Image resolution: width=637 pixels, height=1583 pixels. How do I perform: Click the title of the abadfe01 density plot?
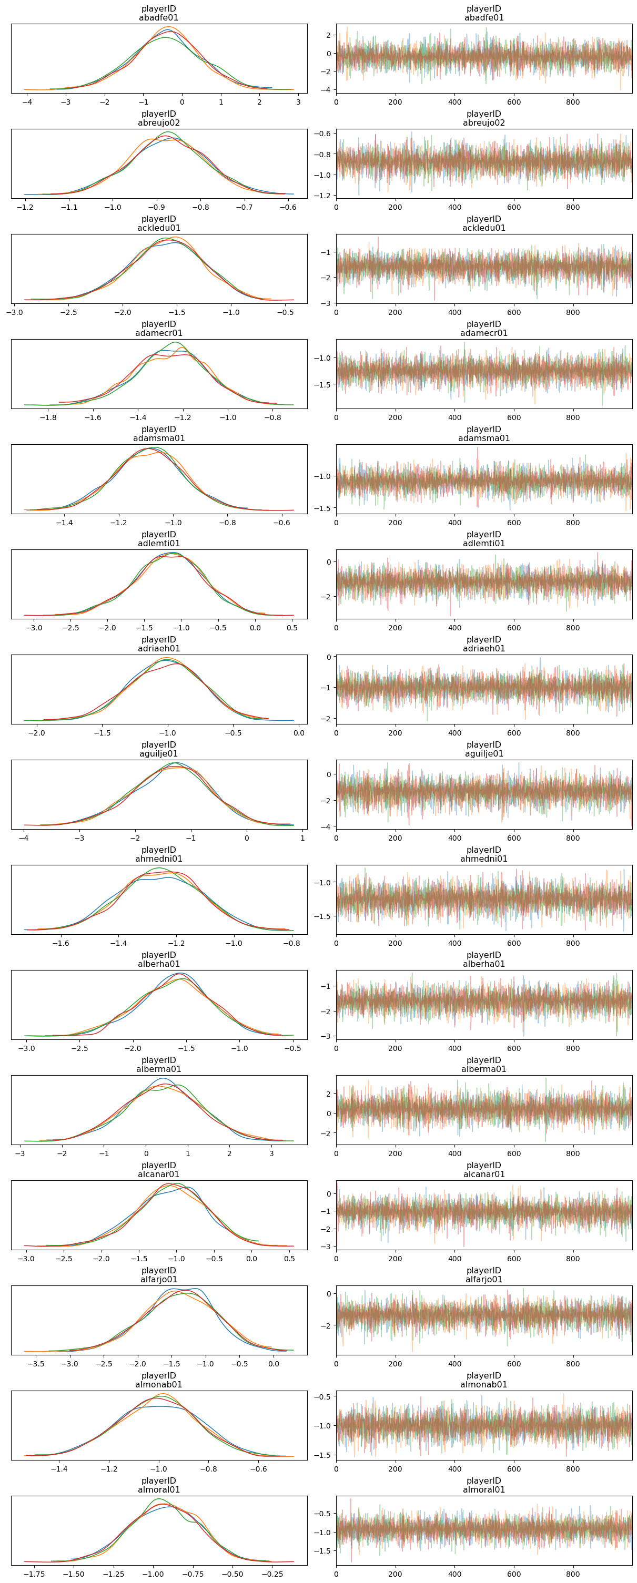click(x=159, y=14)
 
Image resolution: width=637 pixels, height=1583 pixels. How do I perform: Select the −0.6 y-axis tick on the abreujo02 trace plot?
click(x=325, y=134)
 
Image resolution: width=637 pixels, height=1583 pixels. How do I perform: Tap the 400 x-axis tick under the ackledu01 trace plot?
click(x=454, y=312)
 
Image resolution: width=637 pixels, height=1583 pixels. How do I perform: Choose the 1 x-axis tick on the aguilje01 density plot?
click(x=302, y=838)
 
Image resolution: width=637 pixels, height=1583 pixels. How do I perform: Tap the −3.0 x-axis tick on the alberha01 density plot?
click(x=26, y=1048)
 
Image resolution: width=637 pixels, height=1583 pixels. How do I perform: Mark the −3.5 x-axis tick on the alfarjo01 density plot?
click(x=36, y=1363)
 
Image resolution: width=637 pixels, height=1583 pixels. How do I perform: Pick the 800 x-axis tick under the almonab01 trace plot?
click(x=573, y=1469)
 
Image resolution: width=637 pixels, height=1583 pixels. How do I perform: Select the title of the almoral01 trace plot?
click(x=484, y=1485)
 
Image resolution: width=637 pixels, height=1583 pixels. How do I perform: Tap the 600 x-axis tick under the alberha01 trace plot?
click(x=514, y=1048)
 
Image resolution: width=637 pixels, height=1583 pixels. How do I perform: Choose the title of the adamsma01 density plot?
click(x=159, y=434)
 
